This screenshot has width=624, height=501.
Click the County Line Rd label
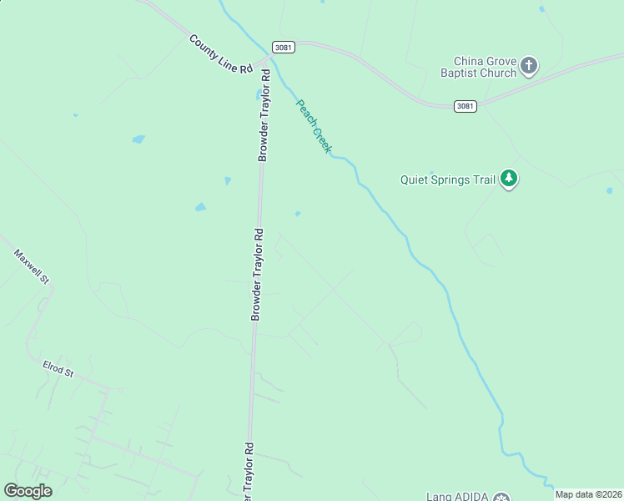(220, 54)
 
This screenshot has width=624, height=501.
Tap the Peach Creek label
(314, 126)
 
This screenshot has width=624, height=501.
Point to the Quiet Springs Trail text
(447, 178)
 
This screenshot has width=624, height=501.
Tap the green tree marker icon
(509, 178)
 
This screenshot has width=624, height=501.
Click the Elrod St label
(58, 368)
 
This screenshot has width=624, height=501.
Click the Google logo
(28, 491)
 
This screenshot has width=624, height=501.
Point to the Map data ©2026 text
(588, 494)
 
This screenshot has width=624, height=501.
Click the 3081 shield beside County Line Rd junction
(284, 48)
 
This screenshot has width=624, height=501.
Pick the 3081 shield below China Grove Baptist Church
(465, 106)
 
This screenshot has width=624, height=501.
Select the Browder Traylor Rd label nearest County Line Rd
(264, 115)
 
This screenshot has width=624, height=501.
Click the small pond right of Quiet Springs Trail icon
(609, 190)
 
